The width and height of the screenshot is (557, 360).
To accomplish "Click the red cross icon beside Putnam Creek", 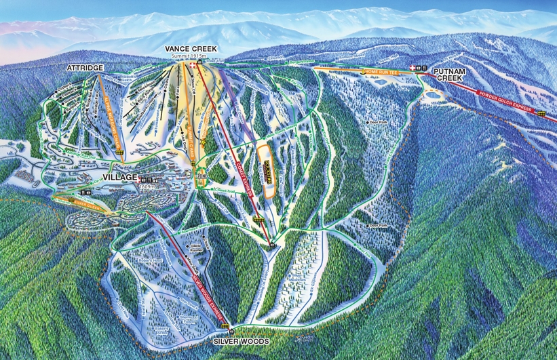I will tap(414, 68).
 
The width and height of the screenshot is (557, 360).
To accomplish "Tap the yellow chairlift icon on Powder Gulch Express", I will tap(541, 114).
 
